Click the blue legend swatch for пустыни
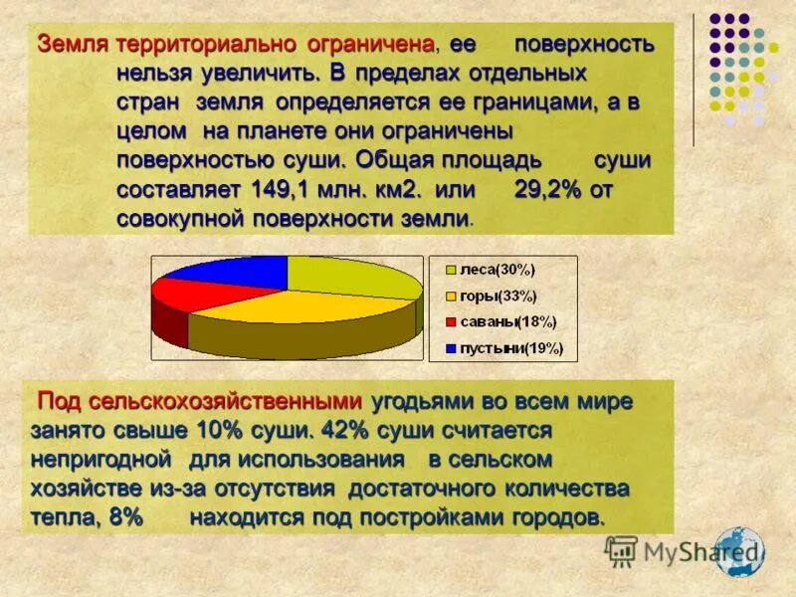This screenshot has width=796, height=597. (450, 348)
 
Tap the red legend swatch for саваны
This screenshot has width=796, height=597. (450, 321)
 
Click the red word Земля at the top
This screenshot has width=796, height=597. (74, 45)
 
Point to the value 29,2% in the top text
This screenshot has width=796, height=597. (547, 189)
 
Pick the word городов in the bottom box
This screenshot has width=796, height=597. (559, 517)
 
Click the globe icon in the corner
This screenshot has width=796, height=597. (739, 552)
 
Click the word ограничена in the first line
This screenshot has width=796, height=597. (382, 45)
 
